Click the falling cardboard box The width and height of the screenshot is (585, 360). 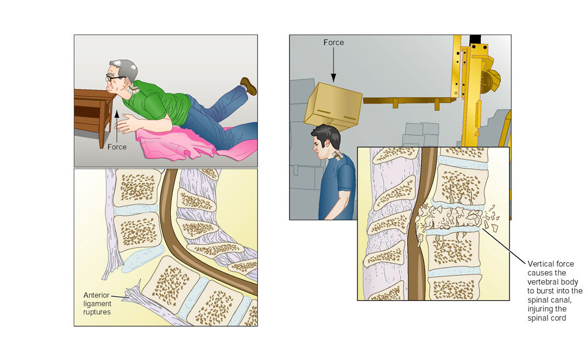click(333, 107)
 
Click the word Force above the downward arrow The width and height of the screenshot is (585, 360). click(333, 43)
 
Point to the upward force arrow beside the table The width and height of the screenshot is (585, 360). click(117, 125)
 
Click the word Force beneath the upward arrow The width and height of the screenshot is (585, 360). click(117, 147)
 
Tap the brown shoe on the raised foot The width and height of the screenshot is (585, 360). click(249, 86)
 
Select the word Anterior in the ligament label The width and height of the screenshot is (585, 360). click(97, 295)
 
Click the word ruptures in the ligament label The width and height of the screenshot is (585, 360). click(97, 312)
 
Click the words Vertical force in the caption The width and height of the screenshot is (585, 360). click(550, 264)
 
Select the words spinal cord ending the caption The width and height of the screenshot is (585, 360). click(546, 318)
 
